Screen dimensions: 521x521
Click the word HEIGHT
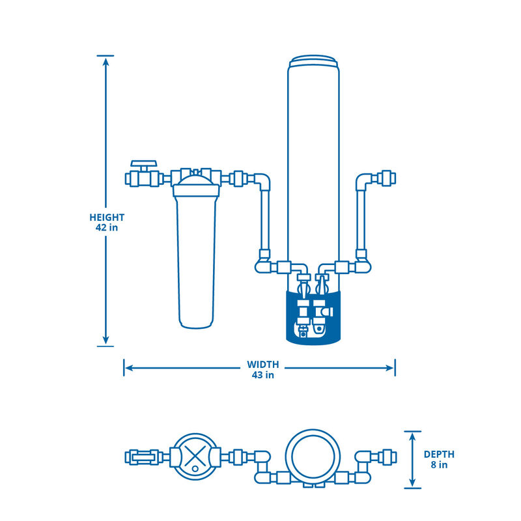pos(107,218)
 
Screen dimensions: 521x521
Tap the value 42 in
pos(107,228)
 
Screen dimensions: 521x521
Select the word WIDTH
pos(262,364)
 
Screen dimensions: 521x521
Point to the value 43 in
pos(262,374)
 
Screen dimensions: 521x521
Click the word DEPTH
pos(439,455)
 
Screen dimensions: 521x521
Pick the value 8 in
pos(439,465)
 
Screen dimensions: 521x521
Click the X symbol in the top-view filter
pos(193,456)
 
